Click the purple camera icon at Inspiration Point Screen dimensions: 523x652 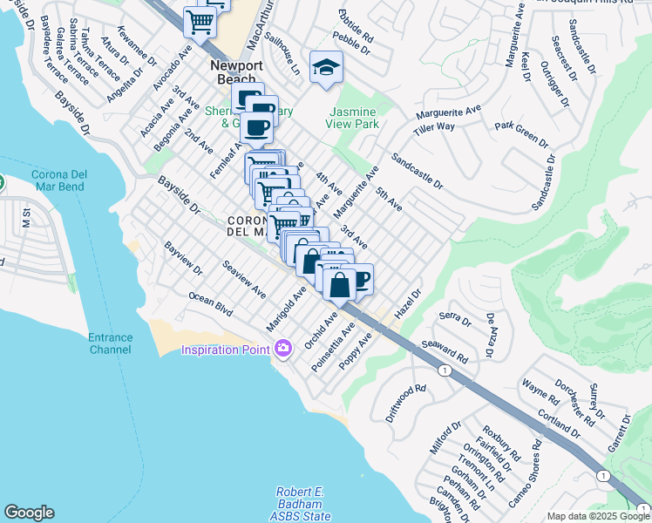click(282, 350)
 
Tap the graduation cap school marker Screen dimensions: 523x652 click(326, 67)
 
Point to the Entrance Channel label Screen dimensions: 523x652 click(111, 343)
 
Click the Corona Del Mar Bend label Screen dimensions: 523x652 click(58, 180)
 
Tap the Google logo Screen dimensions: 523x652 click(30, 513)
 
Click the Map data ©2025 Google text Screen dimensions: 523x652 click(599, 516)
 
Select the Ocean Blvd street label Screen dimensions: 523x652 click(211, 304)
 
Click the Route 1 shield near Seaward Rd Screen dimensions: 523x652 click(445, 370)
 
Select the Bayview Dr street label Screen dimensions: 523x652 click(181, 259)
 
